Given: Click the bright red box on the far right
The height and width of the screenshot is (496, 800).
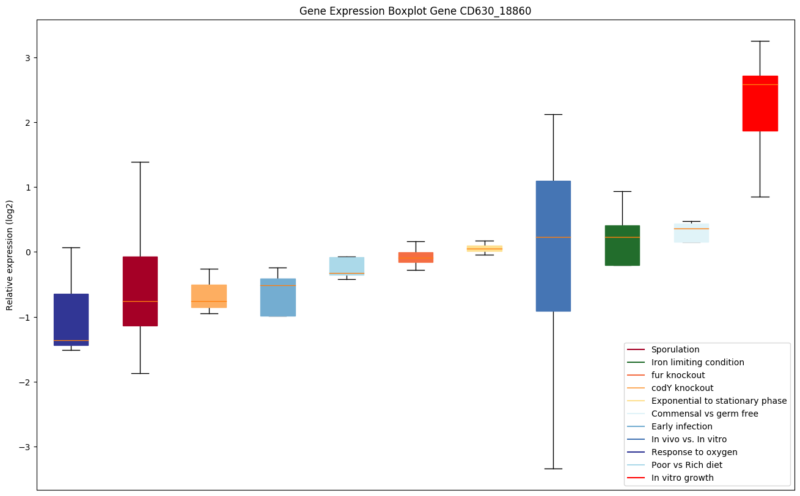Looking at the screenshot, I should [760, 103].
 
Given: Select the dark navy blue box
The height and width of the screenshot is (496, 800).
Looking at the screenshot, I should [71, 319].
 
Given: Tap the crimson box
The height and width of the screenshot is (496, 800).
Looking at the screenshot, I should [140, 291].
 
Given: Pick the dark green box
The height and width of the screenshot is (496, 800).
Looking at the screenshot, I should [622, 246].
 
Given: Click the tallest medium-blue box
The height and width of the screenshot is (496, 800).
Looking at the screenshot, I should [553, 246].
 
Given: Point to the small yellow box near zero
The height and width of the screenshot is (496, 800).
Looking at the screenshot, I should [484, 249].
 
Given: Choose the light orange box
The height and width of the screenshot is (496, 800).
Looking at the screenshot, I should [209, 296].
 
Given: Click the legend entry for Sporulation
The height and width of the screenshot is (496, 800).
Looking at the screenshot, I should [675, 349].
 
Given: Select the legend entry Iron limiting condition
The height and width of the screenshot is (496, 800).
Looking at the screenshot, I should [697, 362].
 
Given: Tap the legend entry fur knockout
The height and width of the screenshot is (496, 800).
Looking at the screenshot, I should [678, 375].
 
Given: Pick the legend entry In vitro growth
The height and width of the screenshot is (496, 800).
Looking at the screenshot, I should [682, 478].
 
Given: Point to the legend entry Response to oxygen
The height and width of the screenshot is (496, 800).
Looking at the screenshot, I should [694, 452].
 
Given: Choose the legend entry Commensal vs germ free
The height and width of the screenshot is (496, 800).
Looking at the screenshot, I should [704, 414].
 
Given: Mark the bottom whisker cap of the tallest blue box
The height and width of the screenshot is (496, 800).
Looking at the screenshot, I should [553, 469].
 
